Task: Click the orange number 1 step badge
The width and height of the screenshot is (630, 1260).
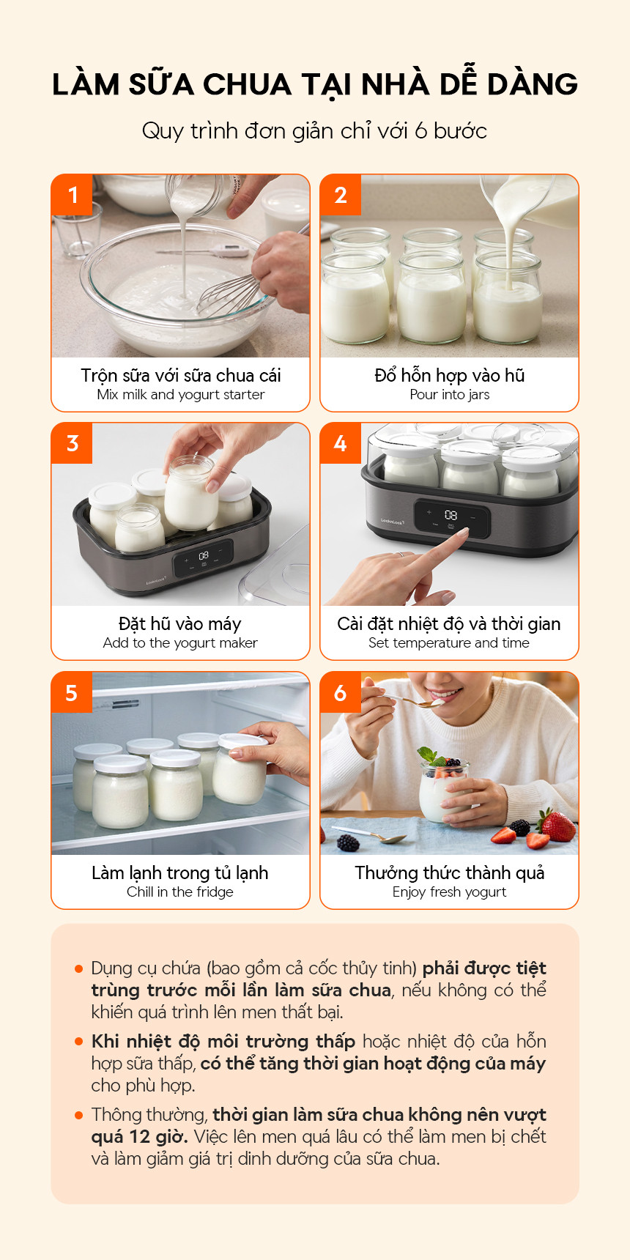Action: click(x=72, y=195)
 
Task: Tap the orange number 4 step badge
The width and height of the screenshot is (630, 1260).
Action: click(x=341, y=443)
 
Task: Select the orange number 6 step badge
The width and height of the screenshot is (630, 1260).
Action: click(x=341, y=692)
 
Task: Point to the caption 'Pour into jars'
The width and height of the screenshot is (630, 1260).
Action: click(x=450, y=395)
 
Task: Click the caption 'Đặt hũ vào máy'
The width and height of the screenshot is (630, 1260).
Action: click(x=180, y=624)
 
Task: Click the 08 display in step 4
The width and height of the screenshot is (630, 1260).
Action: click(x=451, y=516)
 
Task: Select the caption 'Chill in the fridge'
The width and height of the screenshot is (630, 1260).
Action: click(x=180, y=892)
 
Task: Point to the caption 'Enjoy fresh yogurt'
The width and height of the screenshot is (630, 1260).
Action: click(x=450, y=892)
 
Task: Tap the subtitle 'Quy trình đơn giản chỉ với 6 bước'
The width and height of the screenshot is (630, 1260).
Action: click(x=315, y=131)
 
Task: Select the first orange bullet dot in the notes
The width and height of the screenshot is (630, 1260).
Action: click(x=79, y=968)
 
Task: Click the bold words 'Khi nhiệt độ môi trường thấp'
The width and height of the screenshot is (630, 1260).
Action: click(x=223, y=1042)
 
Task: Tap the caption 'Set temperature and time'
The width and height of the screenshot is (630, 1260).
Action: click(x=449, y=643)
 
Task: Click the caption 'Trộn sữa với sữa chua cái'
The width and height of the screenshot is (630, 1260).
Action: click(x=181, y=376)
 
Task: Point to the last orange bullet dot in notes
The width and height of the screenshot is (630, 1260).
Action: click(x=79, y=1115)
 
